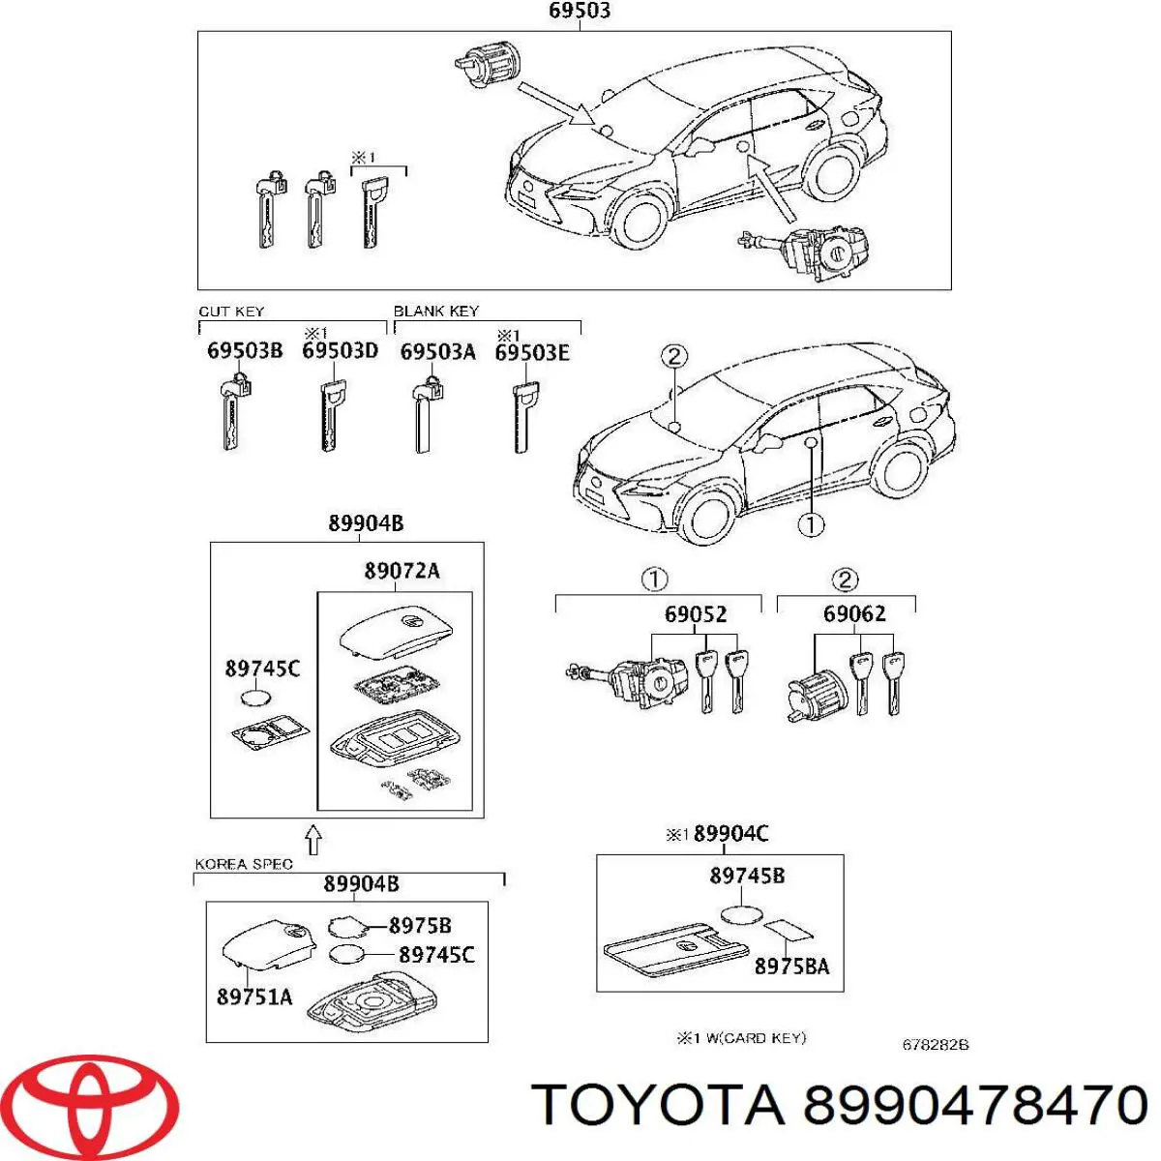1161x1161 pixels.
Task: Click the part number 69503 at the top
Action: click(x=579, y=11)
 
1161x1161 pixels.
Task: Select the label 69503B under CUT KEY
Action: click(x=245, y=350)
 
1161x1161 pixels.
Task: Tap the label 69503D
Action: click(x=340, y=350)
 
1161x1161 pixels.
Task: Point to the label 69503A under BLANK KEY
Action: click(x=438, y=352)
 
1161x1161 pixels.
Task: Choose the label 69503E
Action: click(x=532, y=353)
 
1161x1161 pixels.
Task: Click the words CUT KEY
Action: click(x=231, y=312)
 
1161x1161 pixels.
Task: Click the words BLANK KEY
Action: click(x=435, y=311)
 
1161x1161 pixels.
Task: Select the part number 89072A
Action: click(x=402, y=570)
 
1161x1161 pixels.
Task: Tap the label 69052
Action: click(x=696, y=614)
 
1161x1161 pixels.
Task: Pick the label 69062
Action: click(x=854, y=613)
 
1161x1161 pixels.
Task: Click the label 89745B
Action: click(x=747, y=875)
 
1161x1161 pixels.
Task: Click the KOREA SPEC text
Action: click(x=244, y=864)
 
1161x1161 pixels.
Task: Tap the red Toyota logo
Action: click(x=95, y=1104)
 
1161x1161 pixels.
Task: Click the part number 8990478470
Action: click(x=975, y=1105)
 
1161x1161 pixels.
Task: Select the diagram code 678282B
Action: click(x=935, y=1045)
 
